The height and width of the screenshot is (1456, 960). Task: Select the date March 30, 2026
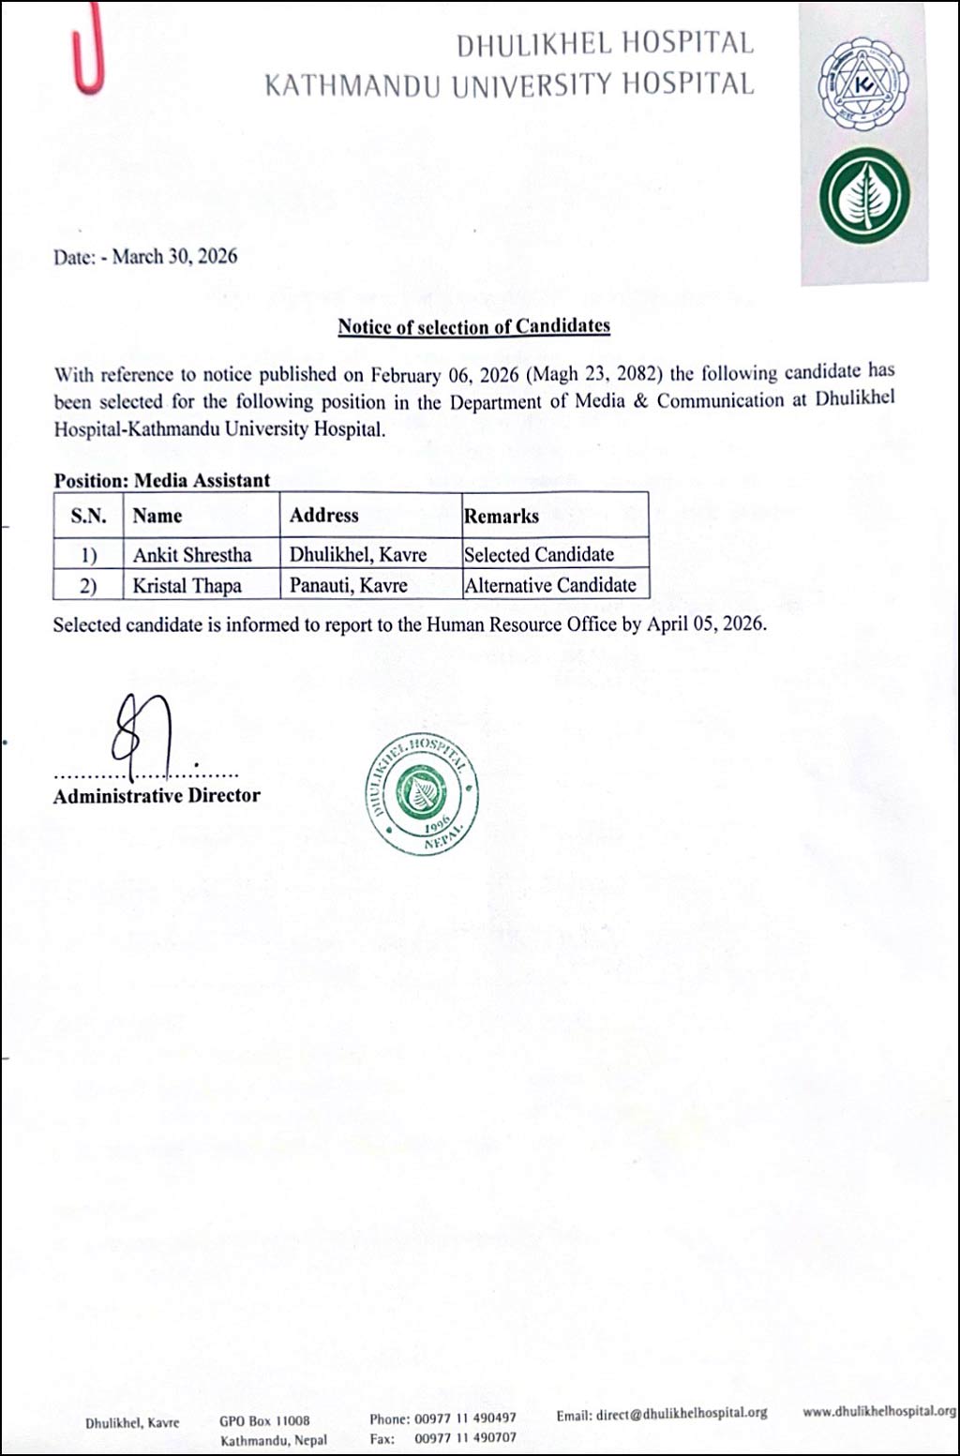(x=174, y=257)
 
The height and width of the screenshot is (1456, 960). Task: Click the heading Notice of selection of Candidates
(x=473, y=326)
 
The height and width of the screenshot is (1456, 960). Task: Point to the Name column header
(x=157, y=516)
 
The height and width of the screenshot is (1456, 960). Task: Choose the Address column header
(x=323, y=515)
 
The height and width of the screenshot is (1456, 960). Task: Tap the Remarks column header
(x=502, y=516)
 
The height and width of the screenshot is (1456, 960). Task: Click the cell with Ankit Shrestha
(x=192, y=554)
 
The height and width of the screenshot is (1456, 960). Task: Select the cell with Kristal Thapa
(x=187, y=586)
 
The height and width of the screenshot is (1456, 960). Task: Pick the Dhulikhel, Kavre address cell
(x=358, y=554)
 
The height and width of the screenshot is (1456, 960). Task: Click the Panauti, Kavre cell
(x=348, y=586)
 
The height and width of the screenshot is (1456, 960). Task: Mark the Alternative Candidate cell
(x=550, y=585)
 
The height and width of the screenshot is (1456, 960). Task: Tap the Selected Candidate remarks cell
(x=539, y=554)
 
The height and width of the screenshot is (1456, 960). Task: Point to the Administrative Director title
(x=157, y=796)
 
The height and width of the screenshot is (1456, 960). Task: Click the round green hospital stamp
(x=421, y=793)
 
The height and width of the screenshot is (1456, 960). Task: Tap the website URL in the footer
(x=879, y=1411)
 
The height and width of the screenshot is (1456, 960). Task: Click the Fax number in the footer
(x=465, y=1438)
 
